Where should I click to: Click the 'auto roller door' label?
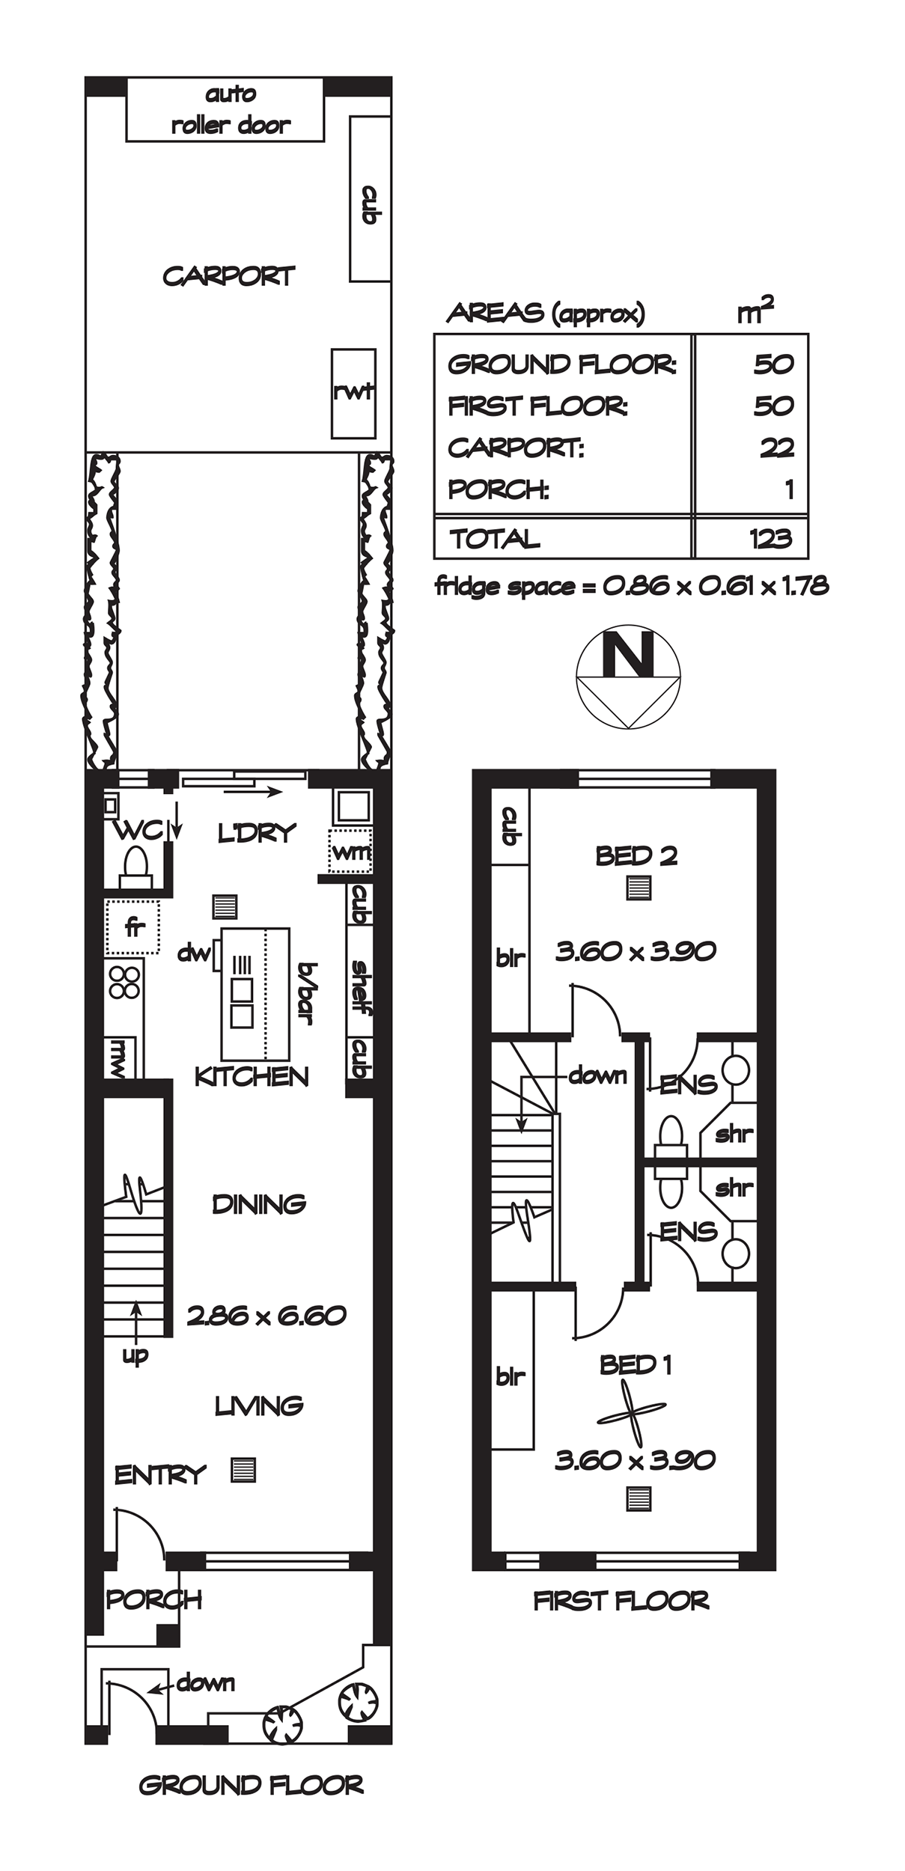(231, 109)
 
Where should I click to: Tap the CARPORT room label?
(229, 276)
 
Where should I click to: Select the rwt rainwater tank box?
(353, 393)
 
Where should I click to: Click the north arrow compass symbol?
(628, 677)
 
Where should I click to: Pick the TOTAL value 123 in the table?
(770, 538)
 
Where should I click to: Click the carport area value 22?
(776, 448)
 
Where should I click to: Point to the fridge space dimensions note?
(632, 585)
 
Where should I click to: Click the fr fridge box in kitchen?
(132, 927)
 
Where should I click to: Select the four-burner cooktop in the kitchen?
(124, 981)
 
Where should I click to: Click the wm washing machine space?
(350, 850)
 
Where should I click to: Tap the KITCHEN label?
(252, 1077)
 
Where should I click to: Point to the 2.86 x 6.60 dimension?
(266, 1315)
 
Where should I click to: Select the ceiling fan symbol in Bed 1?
(631, 1412)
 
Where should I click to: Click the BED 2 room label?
(636, 855)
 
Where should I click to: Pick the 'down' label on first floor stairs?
(597, 1076)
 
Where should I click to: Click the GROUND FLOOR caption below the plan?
(252, 1786)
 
